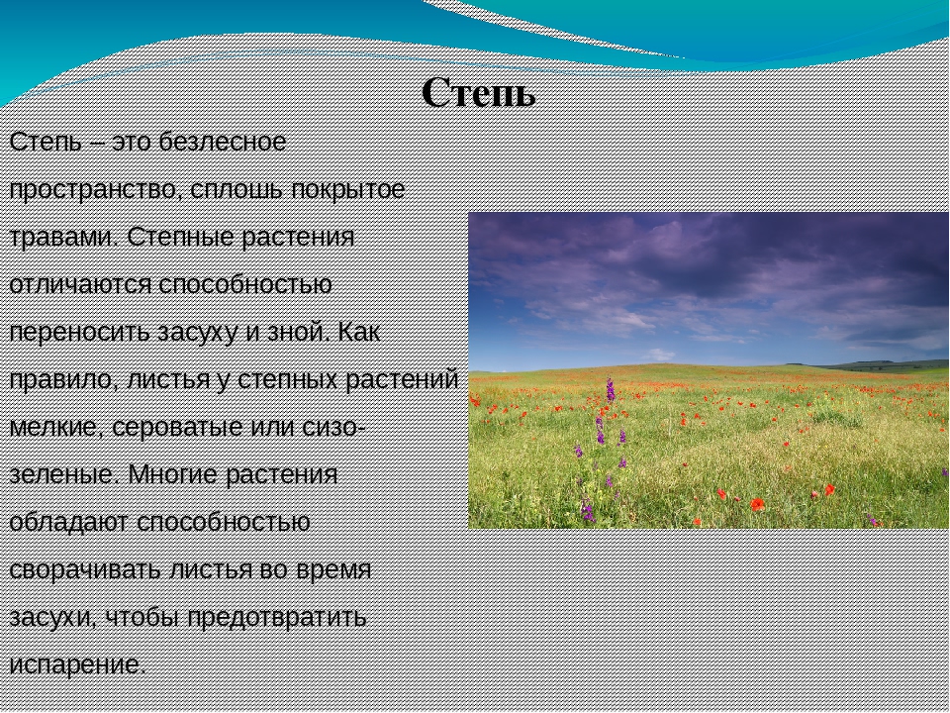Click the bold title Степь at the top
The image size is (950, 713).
(479, 93)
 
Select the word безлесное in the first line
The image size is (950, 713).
(223, 142)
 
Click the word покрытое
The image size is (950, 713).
(348, 190)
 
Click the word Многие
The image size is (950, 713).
(172, 474)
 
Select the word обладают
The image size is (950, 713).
(69, 523)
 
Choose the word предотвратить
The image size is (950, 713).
(277, 617)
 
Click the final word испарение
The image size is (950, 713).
(78, 665)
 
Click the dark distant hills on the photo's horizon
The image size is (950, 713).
(880, 365)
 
